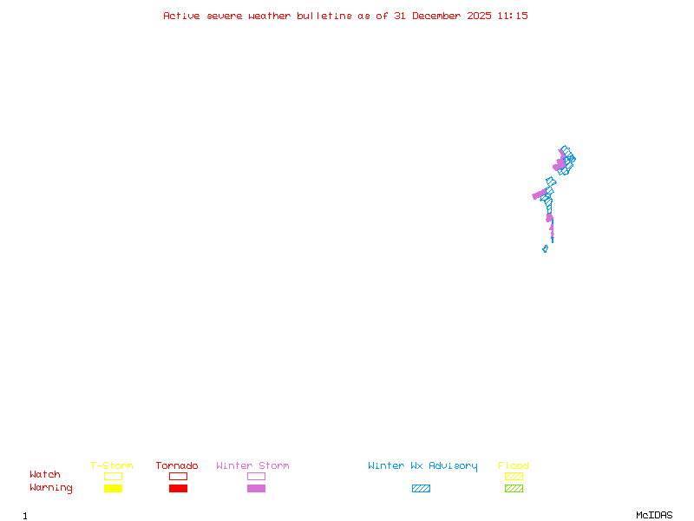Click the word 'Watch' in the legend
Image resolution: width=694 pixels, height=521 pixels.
pyautogui.click(x=45, y=475)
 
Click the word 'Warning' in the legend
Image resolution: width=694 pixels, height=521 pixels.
pyautogui.click(x=50, y=488)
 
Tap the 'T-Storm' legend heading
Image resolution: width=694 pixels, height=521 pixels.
pyautogui.click(x=112, y=466)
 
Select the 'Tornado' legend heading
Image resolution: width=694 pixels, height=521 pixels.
pyautogui.click(x=177, y=466)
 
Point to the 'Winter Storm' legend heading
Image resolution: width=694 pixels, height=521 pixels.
pyautogui.click(x=252, y=466)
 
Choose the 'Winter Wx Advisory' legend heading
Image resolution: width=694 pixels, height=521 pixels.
pyautogui.click(x=422, y=466)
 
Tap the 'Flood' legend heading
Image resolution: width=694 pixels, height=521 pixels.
pyautogui.click(x=514, y=466)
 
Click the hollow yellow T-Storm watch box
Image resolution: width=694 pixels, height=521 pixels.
pyautogui.click(x=113, y=476)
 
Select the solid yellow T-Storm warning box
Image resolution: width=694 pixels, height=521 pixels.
pyautogui.click(x=113, y=488)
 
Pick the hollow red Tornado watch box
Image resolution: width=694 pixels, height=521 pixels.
pyautogui.click(x=178, y=476)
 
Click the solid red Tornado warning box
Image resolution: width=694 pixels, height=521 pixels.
pyautogui.click(x=178, y=488)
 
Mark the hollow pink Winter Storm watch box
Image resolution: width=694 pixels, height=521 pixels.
pyautogui.click(x=256, y=476)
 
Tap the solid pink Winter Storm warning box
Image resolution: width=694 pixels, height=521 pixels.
pyautogui.click(x=256, y=488)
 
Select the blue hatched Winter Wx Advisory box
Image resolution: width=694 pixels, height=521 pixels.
pyautogui.click(x=421, y=488)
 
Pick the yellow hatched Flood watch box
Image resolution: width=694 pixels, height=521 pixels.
pyautogui.click(x=514, y=476)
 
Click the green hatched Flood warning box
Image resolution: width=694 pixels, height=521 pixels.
pyautogui.click(x=514, y=488)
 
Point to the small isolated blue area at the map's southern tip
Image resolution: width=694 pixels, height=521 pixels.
pyautogui.click(x=545, y=249)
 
